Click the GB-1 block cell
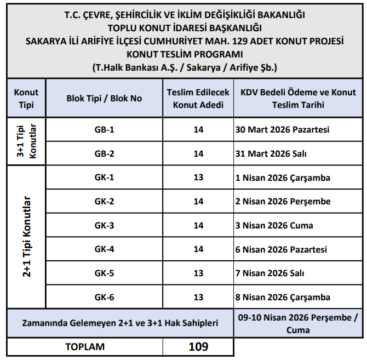coord(104,130)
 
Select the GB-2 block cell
coord(104,154)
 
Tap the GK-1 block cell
coord(104,178)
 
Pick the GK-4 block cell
coord(104,249)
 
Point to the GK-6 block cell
coord(104,298)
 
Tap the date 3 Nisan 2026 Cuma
coord(273,226)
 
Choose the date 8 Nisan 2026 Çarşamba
coord(282,298)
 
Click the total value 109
coord(198,347)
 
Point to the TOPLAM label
coord(85,347)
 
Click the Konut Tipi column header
coord(26,99)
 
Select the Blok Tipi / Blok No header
coord(104,99)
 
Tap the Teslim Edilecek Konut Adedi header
coord(198,99)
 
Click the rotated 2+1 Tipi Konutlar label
coord(26,237)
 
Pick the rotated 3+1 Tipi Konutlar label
coord(26,141)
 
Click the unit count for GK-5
coord(198,273)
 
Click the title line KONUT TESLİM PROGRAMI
coord(185,55)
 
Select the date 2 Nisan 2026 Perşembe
coord(283,202)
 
